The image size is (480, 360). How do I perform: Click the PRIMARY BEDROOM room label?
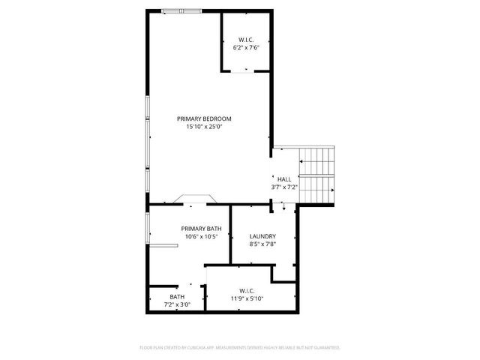[x=204, y=118]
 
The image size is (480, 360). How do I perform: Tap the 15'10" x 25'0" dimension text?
[x=204, y=127]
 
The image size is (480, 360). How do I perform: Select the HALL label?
[x=284, y=178]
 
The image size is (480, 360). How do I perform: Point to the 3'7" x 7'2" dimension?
[x=284, y=187]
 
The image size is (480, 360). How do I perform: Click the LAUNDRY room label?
[x=262, y=235]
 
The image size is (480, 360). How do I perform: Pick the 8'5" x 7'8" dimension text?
[x=262, y=244]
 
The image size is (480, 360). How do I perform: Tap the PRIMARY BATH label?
[x=201, y=229]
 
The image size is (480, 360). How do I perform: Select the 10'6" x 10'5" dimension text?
[x=201, y=237]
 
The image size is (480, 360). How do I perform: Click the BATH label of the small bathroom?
[x=177, y=296]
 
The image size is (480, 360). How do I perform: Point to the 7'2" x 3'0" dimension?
[x=177, y=304]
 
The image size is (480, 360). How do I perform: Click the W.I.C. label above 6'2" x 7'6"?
[x=247, y=39]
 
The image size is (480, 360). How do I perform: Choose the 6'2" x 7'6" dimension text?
[x=247, y=47]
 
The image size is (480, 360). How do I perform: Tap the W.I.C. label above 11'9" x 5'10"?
[x=247, y=290]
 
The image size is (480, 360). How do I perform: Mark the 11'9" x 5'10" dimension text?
[x=247, y=298]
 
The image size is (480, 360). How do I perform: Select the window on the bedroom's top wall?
[x=181, y=10]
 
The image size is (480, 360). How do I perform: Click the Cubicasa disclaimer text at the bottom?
[x=240, y=348]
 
